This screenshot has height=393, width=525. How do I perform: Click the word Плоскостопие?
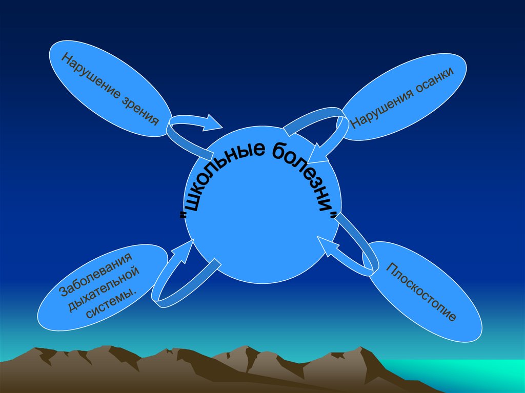421,292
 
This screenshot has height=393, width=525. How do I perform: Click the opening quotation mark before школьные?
183,216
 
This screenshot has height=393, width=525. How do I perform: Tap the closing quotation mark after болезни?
336,215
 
